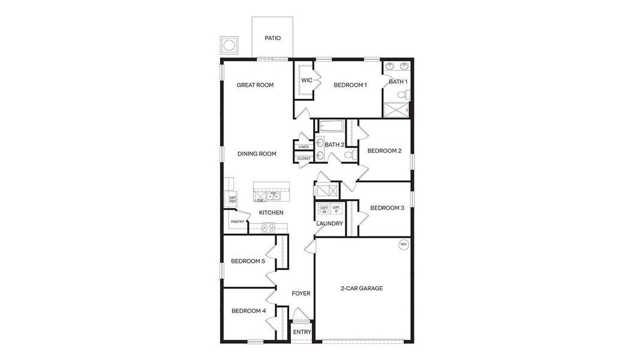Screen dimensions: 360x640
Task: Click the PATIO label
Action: coord(273,38)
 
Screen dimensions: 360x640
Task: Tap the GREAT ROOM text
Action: coord(255,85)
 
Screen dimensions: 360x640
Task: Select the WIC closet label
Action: coord(307,80)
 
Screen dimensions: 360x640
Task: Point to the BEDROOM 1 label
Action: coord(350,85)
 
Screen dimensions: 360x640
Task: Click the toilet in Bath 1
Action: coord(406,94)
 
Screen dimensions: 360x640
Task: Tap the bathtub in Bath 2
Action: coord(330,127)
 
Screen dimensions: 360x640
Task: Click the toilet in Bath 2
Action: coord(350,155)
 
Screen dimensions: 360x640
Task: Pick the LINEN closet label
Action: coord(304,147)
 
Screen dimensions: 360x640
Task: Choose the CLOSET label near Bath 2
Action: coord(304,158)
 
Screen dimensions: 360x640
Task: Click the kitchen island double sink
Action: coord(274,196)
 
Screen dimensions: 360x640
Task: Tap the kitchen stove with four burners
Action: coord(268,227)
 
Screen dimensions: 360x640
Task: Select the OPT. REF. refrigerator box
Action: coord(232,199)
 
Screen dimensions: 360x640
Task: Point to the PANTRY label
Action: coord(237,221)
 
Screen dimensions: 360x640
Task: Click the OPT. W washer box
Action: coord(324,208)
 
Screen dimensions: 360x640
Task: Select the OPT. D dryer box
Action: coord(336,208)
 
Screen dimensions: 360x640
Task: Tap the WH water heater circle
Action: coord(403,244)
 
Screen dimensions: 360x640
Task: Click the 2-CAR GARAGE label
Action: coord(361,289)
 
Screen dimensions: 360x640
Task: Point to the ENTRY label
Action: coord(302,332)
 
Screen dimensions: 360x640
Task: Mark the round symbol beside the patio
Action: coord(229,46)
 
